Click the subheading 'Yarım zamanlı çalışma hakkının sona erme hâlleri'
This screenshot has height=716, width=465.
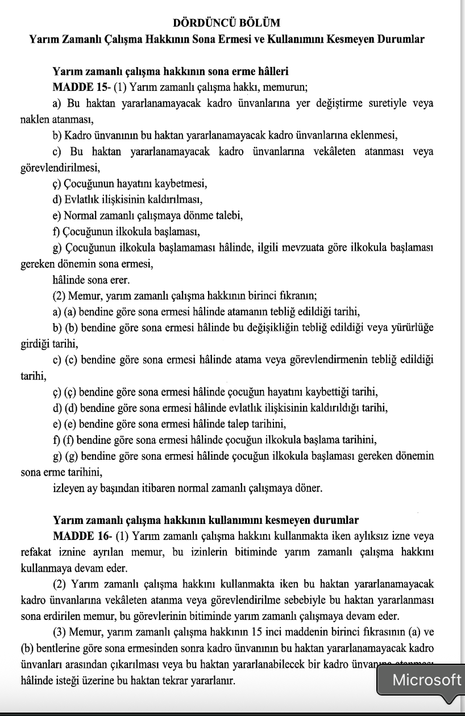pos(171,72)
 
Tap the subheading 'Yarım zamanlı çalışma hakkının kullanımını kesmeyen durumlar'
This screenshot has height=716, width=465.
pos(205,520)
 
